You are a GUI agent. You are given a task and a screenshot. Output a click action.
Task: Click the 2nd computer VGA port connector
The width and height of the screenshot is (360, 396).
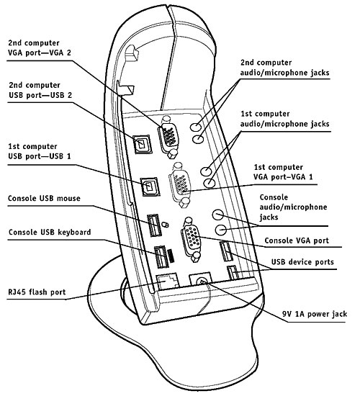[x=168, y=137]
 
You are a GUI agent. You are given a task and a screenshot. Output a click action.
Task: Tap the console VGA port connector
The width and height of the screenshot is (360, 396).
[x=192, y=239]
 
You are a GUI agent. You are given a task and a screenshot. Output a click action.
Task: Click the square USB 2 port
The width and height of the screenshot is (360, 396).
[x=143, y=144]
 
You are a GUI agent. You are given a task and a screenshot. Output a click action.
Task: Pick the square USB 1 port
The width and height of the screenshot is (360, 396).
[x=150, y=186]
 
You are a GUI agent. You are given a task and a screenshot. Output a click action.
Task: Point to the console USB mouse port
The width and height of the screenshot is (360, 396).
[x=154, y=225]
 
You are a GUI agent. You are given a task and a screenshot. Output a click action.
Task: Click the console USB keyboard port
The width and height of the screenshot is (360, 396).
[x=161, y=257]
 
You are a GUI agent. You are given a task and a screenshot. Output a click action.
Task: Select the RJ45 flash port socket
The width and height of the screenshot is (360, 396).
[x=168, y=282]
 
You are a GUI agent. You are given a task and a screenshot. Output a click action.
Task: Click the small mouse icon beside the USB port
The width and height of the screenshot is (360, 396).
[x=165, y=224]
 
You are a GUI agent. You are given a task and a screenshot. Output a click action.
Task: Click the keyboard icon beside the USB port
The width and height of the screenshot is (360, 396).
[x=171, y=256]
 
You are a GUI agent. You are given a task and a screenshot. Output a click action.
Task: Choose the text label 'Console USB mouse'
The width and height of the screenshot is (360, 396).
[x=44, y=198]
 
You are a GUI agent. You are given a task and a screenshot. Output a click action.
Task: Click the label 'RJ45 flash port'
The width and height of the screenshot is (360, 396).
[x=37, y=292]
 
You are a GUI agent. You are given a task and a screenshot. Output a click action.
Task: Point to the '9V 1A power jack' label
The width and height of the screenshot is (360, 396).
[x=315, y=314]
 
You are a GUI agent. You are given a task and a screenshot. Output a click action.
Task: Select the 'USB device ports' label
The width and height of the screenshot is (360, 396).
[x=302, y=262]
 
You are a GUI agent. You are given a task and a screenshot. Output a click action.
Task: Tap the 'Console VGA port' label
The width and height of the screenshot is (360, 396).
[x=297, y=240]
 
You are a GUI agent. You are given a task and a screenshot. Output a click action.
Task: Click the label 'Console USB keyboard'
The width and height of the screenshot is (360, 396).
[x=50, y=232]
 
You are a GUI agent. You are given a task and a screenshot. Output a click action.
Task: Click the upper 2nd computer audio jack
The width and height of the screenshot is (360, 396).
[x=195, y=127]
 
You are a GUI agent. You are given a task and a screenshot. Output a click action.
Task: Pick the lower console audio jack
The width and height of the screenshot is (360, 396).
[x=221, y=230]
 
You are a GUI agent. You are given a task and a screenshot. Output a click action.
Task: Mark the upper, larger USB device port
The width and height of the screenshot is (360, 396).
[x=226, y=251]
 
